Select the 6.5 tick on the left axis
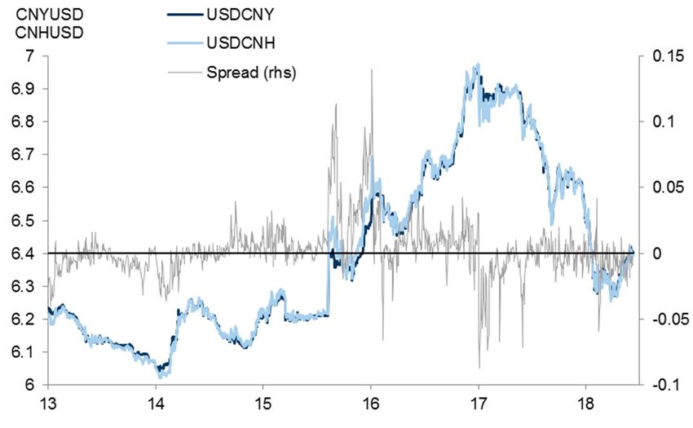24,221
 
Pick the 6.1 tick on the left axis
24,352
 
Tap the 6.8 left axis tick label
24,122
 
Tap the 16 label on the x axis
371,404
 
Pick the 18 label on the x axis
585,404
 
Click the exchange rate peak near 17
477,65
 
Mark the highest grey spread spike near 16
372,70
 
